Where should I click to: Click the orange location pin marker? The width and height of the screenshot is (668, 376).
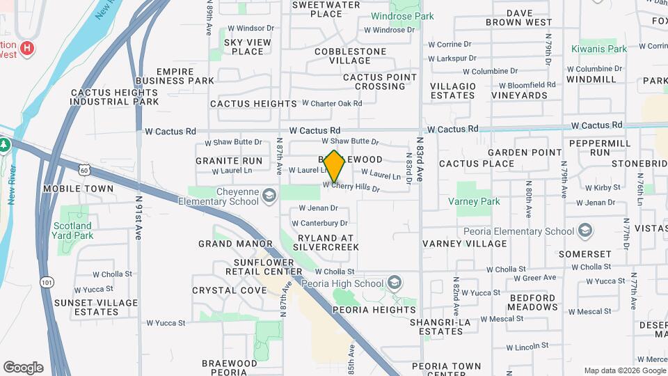click(335, 166)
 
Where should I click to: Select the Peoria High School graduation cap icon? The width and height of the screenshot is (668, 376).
click(395, 283)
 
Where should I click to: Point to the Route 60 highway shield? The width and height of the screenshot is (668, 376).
click(84, 170)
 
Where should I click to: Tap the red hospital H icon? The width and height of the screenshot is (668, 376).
click(26, 48)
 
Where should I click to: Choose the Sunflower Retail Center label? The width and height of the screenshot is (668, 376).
click(258, 267)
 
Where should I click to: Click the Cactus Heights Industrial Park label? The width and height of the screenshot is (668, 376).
click(114, 97)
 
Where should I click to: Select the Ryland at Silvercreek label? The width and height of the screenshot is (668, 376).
click(328, 242)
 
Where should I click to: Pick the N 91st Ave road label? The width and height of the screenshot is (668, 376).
click(138, 208)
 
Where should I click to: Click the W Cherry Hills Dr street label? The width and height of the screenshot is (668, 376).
click(351, 187)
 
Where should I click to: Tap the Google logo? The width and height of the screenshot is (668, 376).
click(23, 368)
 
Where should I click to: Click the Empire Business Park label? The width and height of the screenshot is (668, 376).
click(175, 76)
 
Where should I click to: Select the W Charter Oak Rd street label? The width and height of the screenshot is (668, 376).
click(332, 103)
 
